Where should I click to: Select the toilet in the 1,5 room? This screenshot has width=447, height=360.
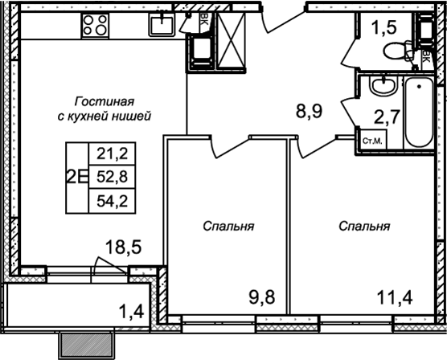[398, 51]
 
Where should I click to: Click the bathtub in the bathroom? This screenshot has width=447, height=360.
[418, 112]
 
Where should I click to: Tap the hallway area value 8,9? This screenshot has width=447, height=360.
[308, 111]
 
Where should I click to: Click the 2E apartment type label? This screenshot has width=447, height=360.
[78, 178]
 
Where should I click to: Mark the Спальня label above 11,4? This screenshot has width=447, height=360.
[364, 227]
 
